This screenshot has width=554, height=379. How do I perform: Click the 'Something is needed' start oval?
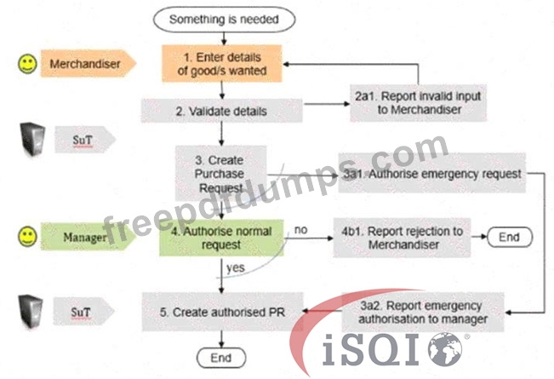[x=224, y=20]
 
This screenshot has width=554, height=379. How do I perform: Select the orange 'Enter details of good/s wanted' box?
[x=222, y=64]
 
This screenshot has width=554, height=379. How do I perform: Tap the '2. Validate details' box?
[x=221, y=111]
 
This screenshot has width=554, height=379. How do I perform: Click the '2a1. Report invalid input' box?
[x=419, y=102]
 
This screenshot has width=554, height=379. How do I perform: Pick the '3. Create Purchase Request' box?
[x=220, y=173]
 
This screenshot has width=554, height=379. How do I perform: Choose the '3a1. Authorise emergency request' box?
[x=432, y=173]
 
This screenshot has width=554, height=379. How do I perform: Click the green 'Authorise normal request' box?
[x=221, y=238]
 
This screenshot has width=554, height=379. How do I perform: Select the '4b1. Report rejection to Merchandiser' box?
[x=402, y=238]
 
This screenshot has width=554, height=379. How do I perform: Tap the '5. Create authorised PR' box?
[x=223, y=312]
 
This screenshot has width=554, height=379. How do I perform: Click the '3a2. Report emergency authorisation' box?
[x=423, y=312]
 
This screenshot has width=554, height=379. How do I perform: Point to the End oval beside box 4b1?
[x=510, y=237]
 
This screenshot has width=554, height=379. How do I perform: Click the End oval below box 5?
[x=221, y=358]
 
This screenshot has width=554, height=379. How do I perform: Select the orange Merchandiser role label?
[x=89, y=64]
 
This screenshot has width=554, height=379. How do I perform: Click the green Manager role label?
[x=89, y=237]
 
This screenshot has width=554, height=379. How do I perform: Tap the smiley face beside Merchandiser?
[x=27, y=64]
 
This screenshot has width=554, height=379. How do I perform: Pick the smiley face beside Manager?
[x=27, y=237]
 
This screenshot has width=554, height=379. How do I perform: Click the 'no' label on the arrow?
[x=300, y=230]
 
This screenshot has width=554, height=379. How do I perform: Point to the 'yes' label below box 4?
[x=236, y=268]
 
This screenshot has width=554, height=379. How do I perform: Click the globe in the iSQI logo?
[x=445, y=350]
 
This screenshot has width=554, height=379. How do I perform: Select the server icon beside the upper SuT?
[x=32, y=139]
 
